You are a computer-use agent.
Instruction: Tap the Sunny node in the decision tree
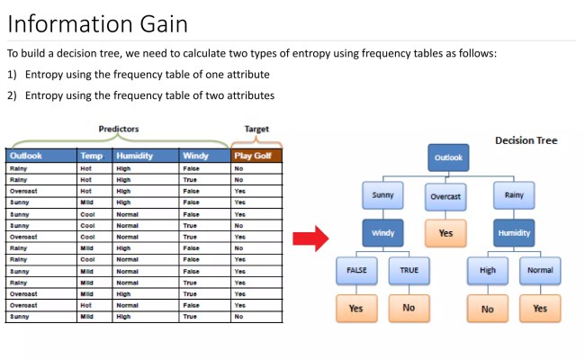coord(383,194)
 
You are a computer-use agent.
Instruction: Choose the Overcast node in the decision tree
coord(445,194)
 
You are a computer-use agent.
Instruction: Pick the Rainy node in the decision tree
coord(514,194)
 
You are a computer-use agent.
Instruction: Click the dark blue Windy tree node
coord(383,233)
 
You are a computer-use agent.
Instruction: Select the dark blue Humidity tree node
coord(514,233)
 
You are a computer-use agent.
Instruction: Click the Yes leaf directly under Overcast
coord(445,233)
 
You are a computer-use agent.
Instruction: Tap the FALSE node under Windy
coord(355,269)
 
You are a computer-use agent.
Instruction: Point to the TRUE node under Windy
coord(409,269)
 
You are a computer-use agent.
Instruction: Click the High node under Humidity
coord(488,269)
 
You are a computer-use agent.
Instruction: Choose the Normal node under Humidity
coord(540,269)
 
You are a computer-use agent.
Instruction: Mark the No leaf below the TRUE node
coord(409,308)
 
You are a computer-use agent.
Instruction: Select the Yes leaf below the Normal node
coord(540,308)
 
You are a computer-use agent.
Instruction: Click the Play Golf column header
coord(256,156)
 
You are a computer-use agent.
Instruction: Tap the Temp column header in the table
coord(94,156)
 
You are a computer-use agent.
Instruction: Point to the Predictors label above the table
coord(119,129)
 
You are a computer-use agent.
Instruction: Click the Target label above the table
coord(256,129)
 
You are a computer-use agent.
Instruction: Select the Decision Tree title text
coord(526,140)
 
